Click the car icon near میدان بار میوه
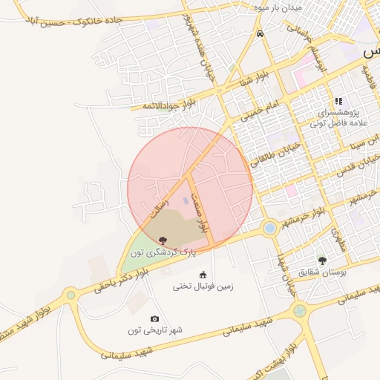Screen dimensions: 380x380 pos(259,33)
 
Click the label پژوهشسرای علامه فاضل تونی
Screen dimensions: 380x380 pos(338,121)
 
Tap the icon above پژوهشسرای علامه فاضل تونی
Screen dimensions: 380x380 pos(338,101)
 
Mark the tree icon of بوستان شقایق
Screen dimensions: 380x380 pos(322,261)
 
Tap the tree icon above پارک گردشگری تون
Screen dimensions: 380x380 pos(163,240)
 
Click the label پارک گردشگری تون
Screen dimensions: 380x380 pos(163,253)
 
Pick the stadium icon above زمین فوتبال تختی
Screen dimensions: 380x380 pos(203,275)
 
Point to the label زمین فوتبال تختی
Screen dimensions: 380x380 pos(203,286)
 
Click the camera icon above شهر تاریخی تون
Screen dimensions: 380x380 pos(154,318)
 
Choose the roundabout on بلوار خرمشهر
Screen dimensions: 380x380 pos(269,228)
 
